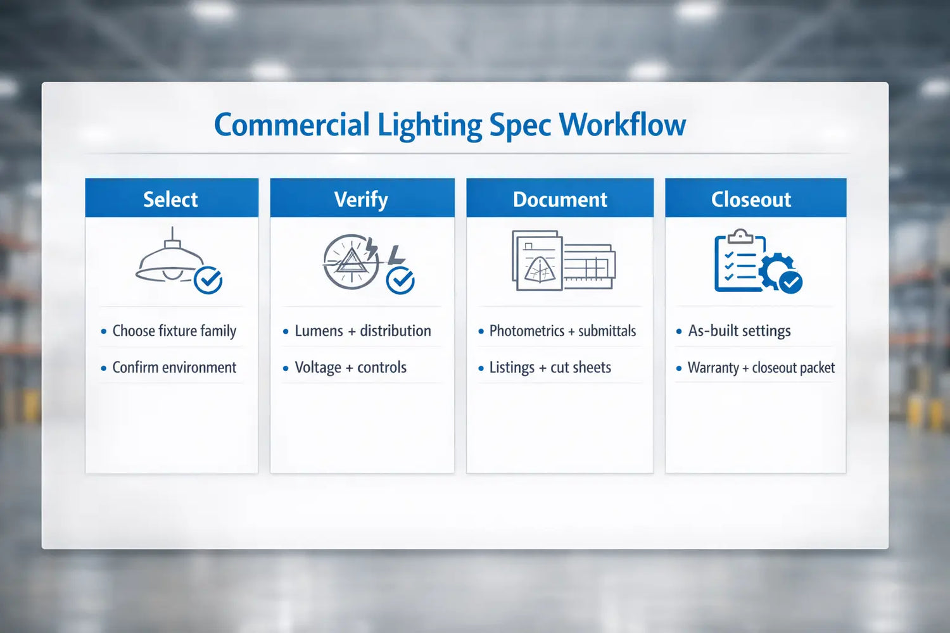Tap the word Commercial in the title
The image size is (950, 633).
pos(291,125)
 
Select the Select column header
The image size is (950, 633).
pos(170,199)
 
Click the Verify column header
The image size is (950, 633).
pos(361,199)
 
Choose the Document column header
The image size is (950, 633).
pos(560,199)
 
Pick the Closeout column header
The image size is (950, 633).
pos(751,199)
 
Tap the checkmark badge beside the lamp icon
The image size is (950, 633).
pos(208,280)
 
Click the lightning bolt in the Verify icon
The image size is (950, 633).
pos(372,249)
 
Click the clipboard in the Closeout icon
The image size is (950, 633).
pos(738,263)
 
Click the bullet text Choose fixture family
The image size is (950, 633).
pos(174,331)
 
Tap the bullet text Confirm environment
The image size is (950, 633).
pos(174,368)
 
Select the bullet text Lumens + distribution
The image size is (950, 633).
pos(362,331)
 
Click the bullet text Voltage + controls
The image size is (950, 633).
pos(350,368)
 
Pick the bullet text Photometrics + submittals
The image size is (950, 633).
pos(562,331)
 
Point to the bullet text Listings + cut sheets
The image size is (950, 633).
pos(550,368)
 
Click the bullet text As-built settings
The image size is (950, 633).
pos(739,331)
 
